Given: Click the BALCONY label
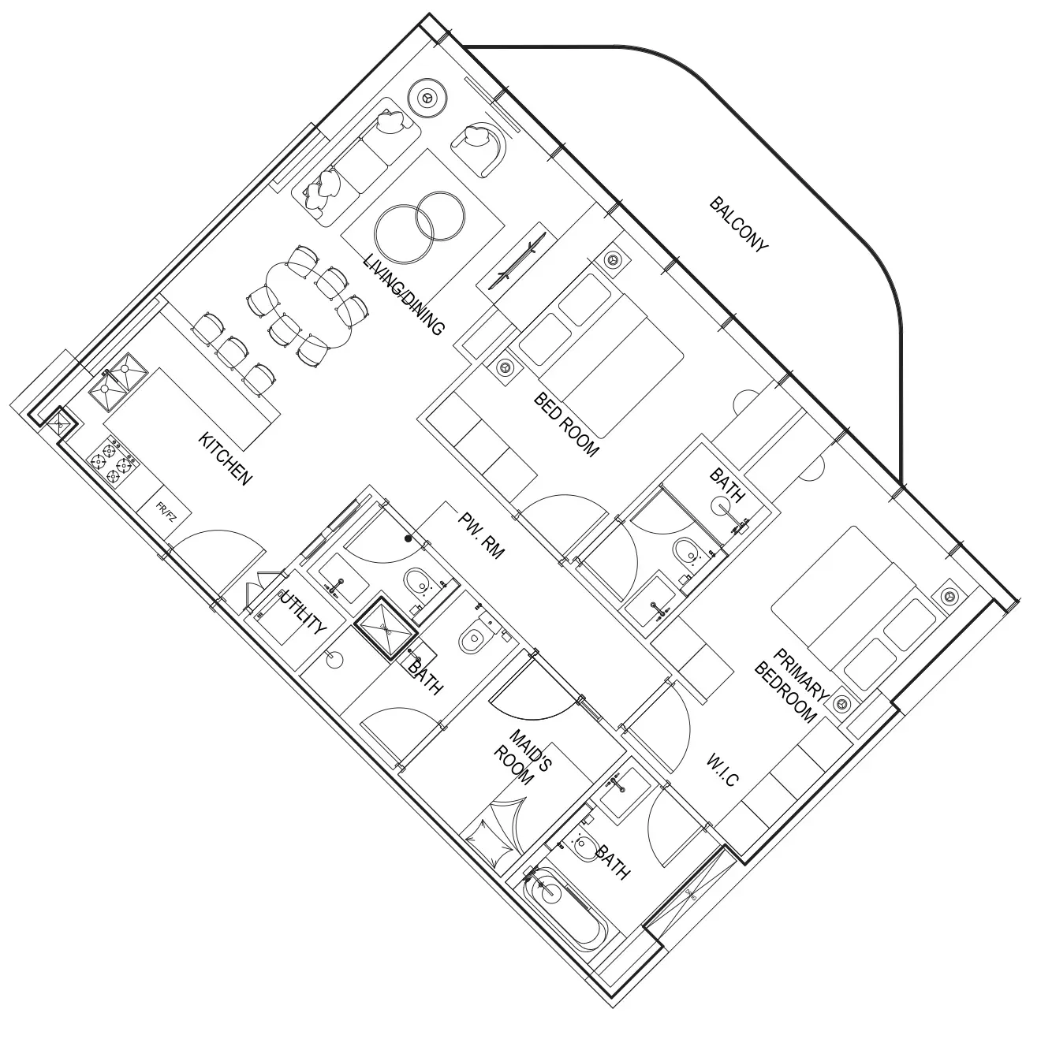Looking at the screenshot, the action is [738, 225].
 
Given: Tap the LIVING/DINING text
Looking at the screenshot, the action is [404, 295].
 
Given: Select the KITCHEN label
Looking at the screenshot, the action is [226, 459].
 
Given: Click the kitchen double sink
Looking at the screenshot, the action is [118, 382].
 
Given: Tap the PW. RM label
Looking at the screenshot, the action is [481, 535].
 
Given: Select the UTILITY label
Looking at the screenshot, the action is [303, 611].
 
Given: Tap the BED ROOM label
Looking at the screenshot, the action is [566, 425].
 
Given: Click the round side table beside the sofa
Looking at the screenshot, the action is [427, 97].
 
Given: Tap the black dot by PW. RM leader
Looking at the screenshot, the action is [409, 538].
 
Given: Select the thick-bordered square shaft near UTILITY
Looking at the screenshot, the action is [386, 628].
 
